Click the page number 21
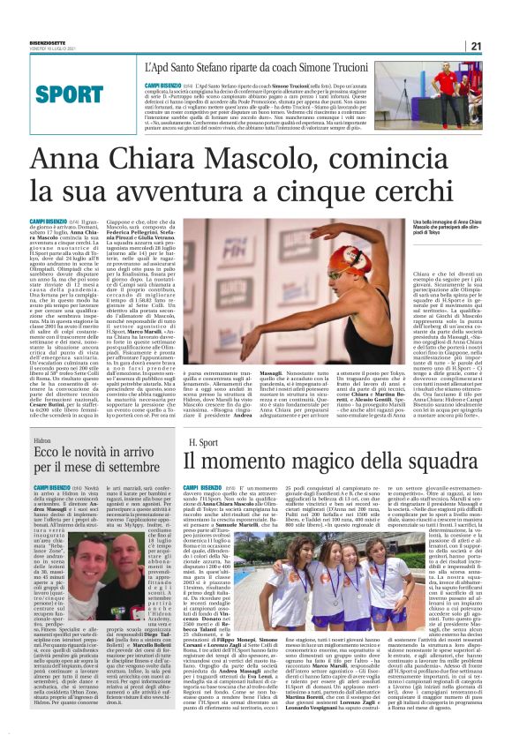point(475,47)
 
